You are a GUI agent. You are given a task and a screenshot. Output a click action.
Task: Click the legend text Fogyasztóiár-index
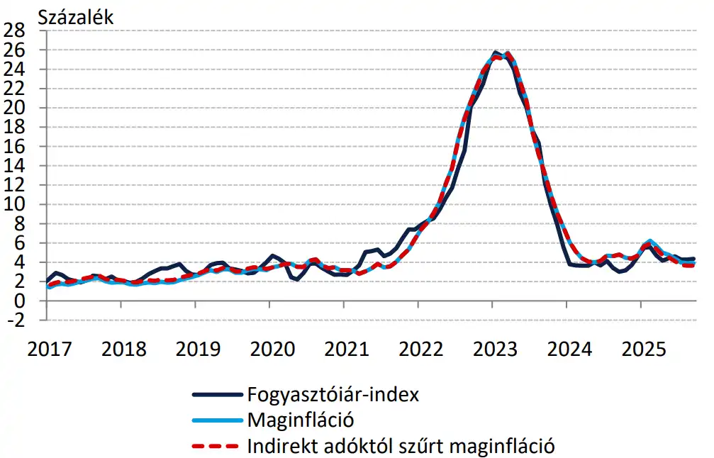click(x=333, y=394)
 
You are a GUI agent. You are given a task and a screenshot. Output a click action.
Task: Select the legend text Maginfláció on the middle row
click(x=300, y=420)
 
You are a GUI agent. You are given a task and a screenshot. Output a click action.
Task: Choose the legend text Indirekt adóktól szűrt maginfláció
click(x=401, y=446)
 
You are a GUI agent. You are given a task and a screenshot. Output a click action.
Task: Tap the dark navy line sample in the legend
click(x=216, y=395)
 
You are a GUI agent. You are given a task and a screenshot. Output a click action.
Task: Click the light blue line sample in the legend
click(x=216, y=421)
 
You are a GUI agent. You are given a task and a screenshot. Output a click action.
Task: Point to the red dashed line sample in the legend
click(x=216, y=447)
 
